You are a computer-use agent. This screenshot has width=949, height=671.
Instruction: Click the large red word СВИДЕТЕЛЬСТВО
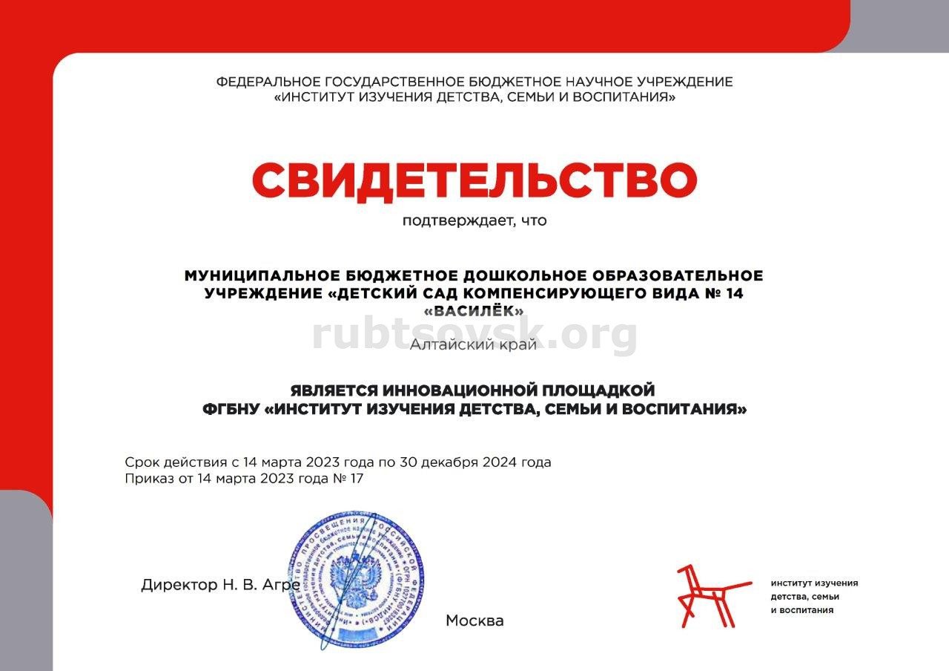[x=474, y=180]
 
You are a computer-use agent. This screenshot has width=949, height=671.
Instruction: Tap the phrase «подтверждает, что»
[x=474, y=220]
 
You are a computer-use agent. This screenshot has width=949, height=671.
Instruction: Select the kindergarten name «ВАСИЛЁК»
[x=474, y=311]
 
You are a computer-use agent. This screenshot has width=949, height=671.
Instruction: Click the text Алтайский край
[x=474, y=344]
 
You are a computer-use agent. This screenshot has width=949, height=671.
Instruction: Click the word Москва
[x=474, y=621]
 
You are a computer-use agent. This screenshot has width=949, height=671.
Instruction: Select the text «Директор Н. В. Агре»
[x=220, y=585]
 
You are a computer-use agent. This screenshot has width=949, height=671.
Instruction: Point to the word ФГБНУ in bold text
[x=231, y=409]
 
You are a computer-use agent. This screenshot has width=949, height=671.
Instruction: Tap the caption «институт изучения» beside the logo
[x=814, y=583]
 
